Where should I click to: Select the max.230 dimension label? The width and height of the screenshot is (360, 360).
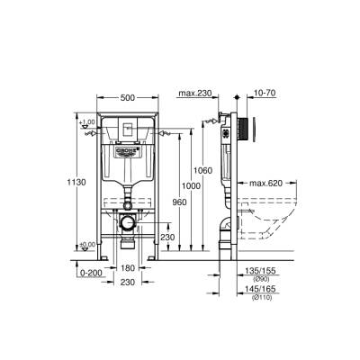coord(194,94)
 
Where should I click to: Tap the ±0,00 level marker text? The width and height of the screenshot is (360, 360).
coord(86,245)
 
